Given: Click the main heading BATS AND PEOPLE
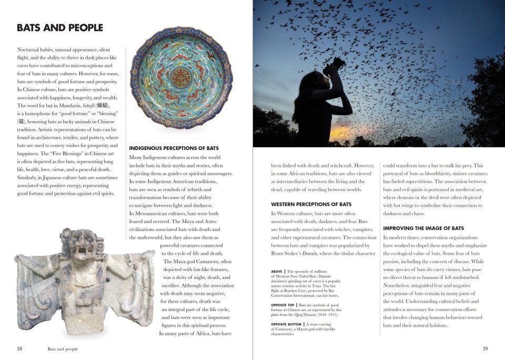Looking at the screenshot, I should [60, 28].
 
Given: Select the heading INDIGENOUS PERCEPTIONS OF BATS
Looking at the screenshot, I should [174, 148].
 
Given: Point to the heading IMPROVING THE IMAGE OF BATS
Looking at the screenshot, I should [423, 228].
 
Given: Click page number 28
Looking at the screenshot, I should [19, 348].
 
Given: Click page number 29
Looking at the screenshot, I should [485, 348].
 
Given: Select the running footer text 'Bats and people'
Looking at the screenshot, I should [63, 348].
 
